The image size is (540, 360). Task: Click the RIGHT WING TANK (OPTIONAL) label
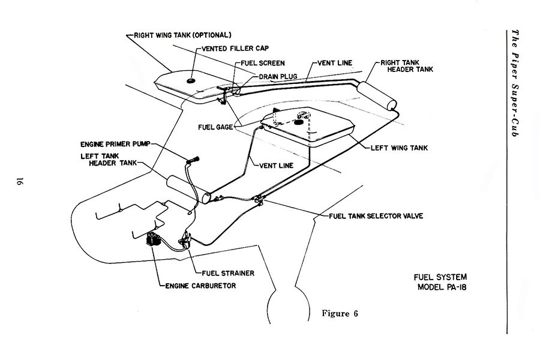pos(182,35)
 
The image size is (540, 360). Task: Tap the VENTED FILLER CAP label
pos(235,49)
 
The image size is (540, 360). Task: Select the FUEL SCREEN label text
pos(263,63)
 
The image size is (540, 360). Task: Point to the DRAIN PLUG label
pos(278,76)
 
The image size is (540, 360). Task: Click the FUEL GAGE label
pos(215,127)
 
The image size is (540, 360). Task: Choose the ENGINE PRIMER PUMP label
pos(116,144)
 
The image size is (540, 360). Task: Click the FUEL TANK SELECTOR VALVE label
pos(376,216)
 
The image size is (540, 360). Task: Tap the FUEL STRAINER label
pos(228,273)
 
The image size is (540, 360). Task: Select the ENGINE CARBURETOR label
pos(201,286)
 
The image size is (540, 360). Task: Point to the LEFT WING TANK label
pos(399,148)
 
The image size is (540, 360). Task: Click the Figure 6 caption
pos(340,313)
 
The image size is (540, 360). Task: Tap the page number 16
pos(19,181)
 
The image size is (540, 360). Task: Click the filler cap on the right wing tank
pos(190,81)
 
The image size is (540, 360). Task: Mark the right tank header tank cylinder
pos(377,95)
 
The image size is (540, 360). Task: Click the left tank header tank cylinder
pos(189,190)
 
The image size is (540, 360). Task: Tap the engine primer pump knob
pos(193,160)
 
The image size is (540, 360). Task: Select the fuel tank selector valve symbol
pos(258,199)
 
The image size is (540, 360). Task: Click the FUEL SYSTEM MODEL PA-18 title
pos(441,282)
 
